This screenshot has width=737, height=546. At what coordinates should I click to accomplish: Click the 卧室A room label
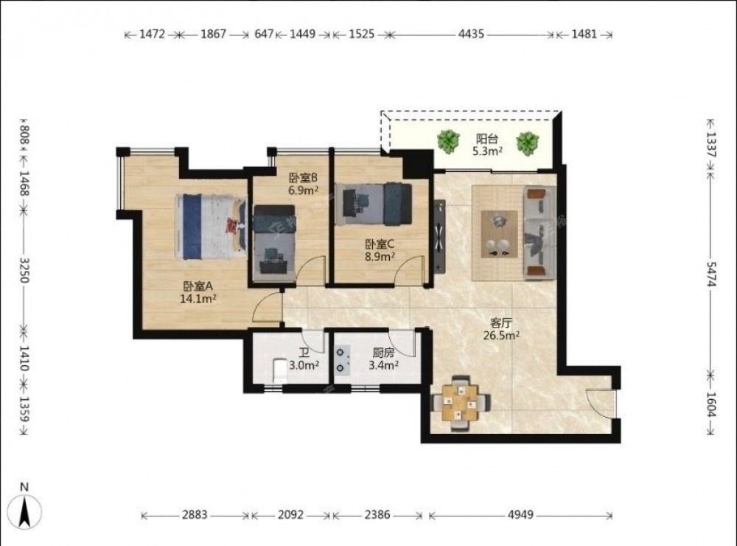pyautogui.click(x=198, y=286)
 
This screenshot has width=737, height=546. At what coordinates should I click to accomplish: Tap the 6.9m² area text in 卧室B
pyautogui.click(x=303, y=190)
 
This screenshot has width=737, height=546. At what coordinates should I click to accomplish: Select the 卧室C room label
pyautogui.click(x=380, y=244)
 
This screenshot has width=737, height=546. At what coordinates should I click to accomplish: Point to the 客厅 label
pyautogui.click(x=500, y=323)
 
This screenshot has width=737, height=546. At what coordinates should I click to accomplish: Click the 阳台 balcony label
pyautogui.click(x=487, y=139)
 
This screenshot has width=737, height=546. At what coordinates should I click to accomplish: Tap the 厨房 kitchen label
pyautogui.click(x=383, y=353)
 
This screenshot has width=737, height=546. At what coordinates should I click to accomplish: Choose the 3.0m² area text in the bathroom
pyautogui.click(x=304, y=364)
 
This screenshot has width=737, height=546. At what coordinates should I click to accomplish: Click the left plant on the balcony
pyautogui.click(x=448, y=141)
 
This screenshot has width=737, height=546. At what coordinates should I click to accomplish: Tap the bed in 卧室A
pyautogui.click(x=211, y=227)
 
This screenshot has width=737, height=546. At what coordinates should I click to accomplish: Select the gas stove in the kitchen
pyautogui.click(x=342, y=360)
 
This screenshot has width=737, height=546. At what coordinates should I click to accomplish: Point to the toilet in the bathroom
pyautogui.click(x=279, y=370)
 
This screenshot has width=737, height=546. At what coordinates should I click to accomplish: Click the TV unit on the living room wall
pyautogui.click(x=439, y=237)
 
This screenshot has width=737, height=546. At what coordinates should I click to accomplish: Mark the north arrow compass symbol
pyautogui.click(x=25, y=511)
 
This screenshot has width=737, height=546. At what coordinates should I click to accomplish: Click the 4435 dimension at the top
pyautogui.click(x=471, y=34)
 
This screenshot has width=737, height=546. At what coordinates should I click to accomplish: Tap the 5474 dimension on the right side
pyautogui.click(x=711, y=274)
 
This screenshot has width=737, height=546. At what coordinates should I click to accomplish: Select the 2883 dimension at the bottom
pyautogui.click(x=195, y=514)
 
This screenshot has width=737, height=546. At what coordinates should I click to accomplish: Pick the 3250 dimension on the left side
pyautogui.click(x=25, y=270)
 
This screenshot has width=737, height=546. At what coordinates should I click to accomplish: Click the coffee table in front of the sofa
pyautogui.click(x=499, y=234)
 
